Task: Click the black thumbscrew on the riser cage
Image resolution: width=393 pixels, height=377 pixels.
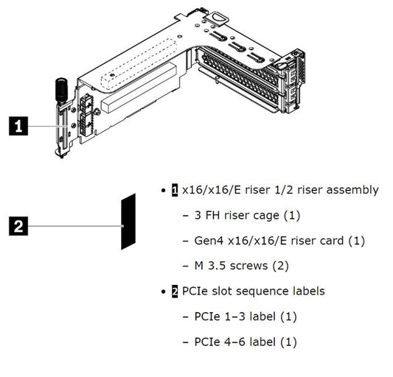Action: [58, 91]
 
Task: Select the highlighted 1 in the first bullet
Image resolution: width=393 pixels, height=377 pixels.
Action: [175, 190]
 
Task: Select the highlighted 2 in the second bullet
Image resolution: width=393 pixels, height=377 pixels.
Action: [175, 291]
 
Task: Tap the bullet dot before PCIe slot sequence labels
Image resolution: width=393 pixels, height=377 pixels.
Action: [163, 292]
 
